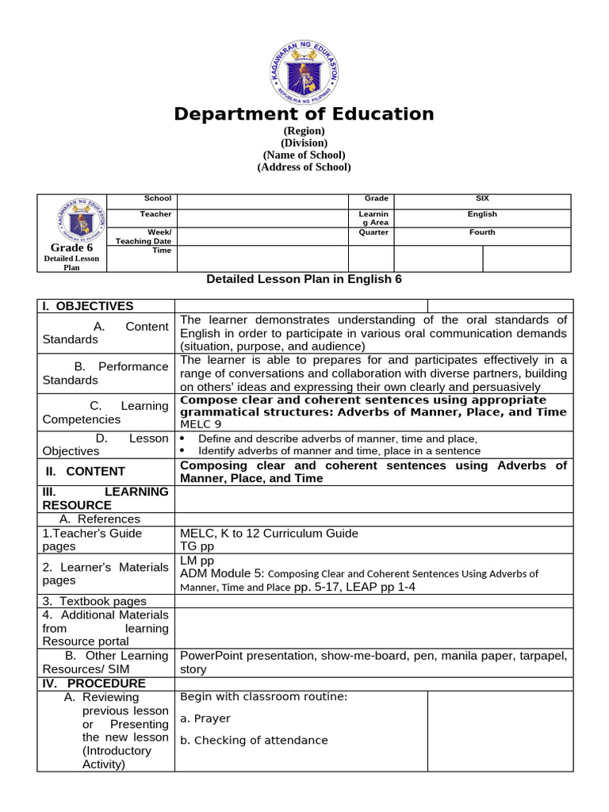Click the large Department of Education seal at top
304,67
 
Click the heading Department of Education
304,114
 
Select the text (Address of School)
304,167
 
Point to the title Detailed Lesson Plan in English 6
304,279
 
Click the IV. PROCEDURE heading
94,684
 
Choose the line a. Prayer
205,718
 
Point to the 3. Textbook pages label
94,601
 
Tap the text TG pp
197,546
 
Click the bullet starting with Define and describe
337,439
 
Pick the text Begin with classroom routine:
264,697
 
